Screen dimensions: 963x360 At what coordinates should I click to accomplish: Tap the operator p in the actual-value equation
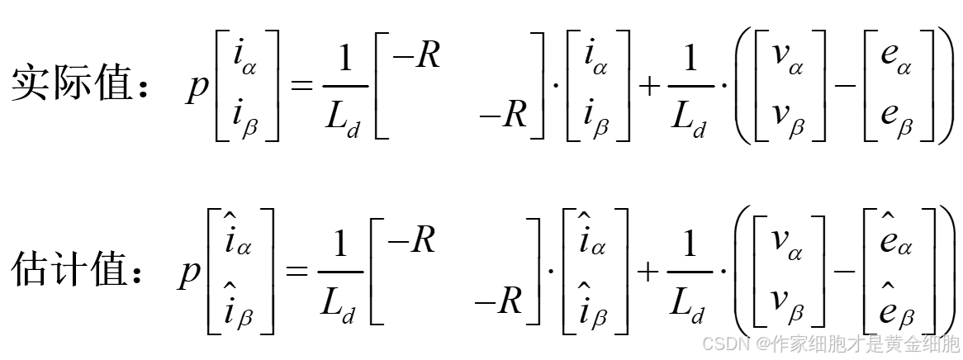(x=197, y=87)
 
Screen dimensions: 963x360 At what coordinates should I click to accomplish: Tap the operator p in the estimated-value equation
(x=189, y=271)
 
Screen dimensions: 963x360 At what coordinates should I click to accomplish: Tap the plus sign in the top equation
(x=652, y=86)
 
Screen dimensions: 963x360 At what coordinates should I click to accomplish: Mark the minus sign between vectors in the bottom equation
(x=843, y=271)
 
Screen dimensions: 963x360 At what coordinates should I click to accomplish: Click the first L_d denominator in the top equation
(x=340, y=120)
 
